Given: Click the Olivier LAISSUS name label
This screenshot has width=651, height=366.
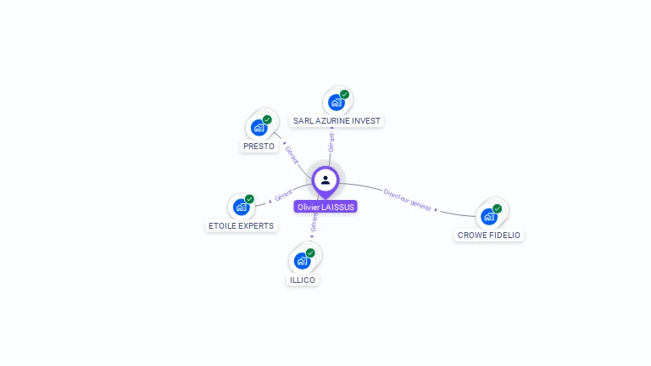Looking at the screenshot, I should pyautogui.click(x=325, y=207).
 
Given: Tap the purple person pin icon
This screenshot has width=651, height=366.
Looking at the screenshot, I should pyautogui.click(x=325, y=180).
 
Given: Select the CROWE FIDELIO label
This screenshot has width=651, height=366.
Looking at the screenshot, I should pyautogui.click(x=489, y=235).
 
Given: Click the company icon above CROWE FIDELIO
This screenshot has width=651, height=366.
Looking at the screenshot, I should pyautogui.click(x=489, y=216).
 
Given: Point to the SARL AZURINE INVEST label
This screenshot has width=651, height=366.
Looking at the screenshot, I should pyautogui.click(x=337, y=121).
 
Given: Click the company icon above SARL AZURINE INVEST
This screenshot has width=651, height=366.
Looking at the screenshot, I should pyautogui.click(x=337, y=102).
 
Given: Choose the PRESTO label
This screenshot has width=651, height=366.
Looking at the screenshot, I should pyautogui.click(x=259, y=146).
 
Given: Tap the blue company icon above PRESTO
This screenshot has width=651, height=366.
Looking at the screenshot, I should pyautogui.click(x=259, y=127).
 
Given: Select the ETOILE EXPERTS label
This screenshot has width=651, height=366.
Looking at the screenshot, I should pyautogui.click(x=242, y=226).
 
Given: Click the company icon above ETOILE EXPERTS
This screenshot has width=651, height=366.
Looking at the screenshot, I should pyautogui.click(x=242, y=206).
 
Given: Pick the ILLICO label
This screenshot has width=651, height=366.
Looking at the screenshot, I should pyautogui.click(x=303, y=280).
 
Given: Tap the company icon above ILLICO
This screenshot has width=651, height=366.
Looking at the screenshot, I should pyautogui.click(x=303, y=260).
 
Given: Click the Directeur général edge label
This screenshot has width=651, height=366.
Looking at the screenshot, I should pyautogui.click(x=407, y=200).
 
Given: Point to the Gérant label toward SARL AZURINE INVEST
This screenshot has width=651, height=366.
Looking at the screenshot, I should pyautogui.click(x=331, y=142).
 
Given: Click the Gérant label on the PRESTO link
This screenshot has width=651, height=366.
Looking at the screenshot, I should pyautogui.click(x=291, y=155).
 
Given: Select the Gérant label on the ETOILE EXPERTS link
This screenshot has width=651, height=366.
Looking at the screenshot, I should pyautogui.click(x=283, y=195).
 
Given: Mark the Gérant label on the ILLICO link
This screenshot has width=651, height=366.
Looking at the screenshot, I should pyautogui.click(x=314, y=223).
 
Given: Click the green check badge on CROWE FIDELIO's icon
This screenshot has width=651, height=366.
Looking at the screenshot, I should pyautogui.click(x=498, y=208).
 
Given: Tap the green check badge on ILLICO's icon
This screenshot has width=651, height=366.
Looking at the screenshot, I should pyautogui.click(x=310, y=252).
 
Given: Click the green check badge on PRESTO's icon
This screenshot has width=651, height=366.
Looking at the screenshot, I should pyautogui.click(x=267, y=119).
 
